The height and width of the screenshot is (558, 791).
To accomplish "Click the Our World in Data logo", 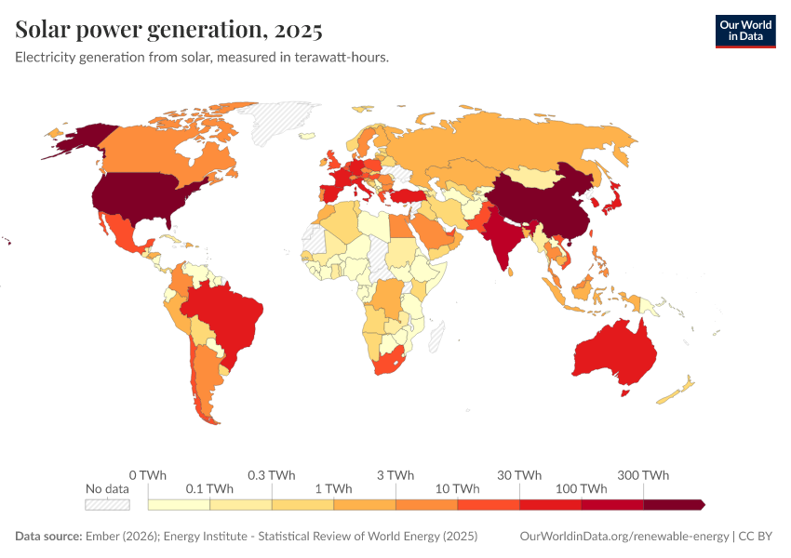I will (744, 30).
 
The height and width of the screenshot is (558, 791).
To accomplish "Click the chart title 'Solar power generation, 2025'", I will (168, 30).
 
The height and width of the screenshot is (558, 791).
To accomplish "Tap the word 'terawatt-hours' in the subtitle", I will (340, 57).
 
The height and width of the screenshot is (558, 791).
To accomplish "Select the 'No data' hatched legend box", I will (107, 504).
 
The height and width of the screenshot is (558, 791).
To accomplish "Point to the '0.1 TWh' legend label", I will (209, 488).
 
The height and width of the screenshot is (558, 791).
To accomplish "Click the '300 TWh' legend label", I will (643, 475).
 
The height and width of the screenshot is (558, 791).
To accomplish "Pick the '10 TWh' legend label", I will (457, 488).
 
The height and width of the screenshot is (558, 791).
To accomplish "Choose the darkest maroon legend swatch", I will (672, 504).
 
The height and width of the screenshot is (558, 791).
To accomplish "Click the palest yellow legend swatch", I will (179, 504).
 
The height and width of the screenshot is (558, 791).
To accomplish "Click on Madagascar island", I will (435, 336).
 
